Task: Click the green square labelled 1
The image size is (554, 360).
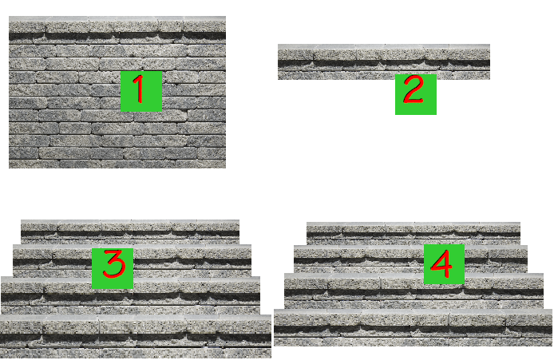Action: point(141,91)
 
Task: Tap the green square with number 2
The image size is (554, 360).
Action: point(415,94)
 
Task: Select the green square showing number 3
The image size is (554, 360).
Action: point(113,268)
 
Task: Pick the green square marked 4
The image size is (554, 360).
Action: point(444,264)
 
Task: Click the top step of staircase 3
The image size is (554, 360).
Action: point(130,231)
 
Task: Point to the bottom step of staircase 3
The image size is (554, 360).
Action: point(136,336)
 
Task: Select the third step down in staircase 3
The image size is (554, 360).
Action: point(130,295)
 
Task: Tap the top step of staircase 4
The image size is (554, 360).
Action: point(414,233)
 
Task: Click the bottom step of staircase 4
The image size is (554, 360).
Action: point(413,327)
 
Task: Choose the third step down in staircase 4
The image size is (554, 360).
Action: point(414,291)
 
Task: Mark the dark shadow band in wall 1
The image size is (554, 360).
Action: point(117,36)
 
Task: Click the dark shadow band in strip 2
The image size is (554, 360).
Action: point(384,64)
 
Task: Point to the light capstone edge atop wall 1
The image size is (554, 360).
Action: point(117,18)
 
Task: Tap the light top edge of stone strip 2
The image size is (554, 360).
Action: point(384,46)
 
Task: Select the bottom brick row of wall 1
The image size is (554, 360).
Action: point(117,164)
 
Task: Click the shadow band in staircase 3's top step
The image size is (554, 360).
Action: point(130,234)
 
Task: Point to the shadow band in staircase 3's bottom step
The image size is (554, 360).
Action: point(136,338)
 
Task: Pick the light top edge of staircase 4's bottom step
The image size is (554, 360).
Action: point(413,312)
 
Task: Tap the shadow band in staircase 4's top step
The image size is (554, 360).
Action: point(414,234)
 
